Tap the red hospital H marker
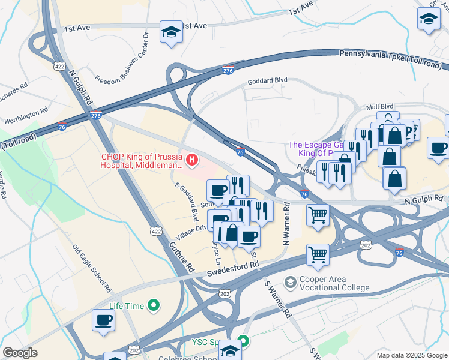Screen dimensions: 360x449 pyautogui.click(x=191, y=159)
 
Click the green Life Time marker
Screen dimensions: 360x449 pyautogui.click(x=154, y=306)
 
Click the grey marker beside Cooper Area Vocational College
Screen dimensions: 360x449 pyautogui.click(x=291, y=282)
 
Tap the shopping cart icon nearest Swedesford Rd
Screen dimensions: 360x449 pyautogui.click(x=318, y=254)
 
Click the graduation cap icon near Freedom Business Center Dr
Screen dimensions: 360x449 pyautogui.click(x=171, y=32)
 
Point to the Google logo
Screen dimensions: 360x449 pyautogui.click(x=20, y=353)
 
